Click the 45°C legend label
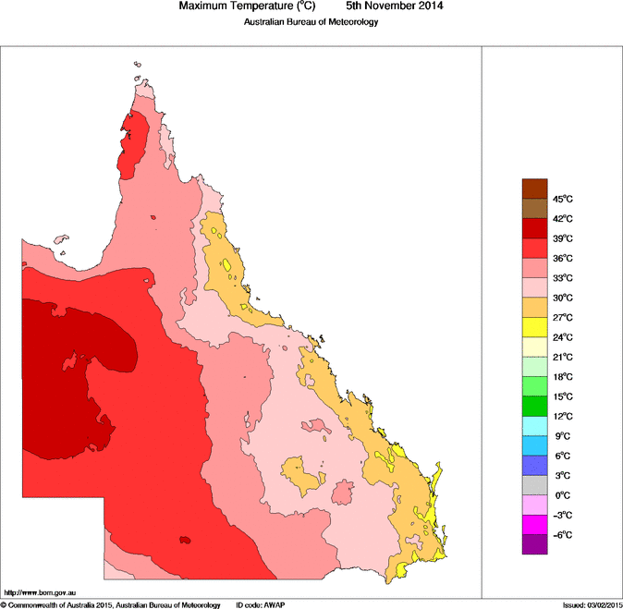pyautogui.click(x=564, y=200)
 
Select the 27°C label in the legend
pyautogui.click(x=564, y=318)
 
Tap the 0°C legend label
pyautogui.click(x=564, y=495)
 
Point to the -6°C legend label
pyautogui.click(x=564, y=535)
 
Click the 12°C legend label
pyautogui.click(x=564, y=417)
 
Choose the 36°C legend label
pyautogui.click(x=564, y=259)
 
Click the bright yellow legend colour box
pyautogui.click(x=535, y=327)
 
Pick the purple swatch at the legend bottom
pyautogui.click(x=535, y=544)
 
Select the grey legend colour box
pyautogui.click(x=535, y=485)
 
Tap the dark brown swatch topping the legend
pyautogui.click(x=535, y=189)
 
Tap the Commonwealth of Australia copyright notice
pyautogui.click(x=111, y=604)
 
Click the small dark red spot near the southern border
pyautogui.click(x=186, y=539)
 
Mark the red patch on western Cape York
pyautogui.click(x=135, y=143)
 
